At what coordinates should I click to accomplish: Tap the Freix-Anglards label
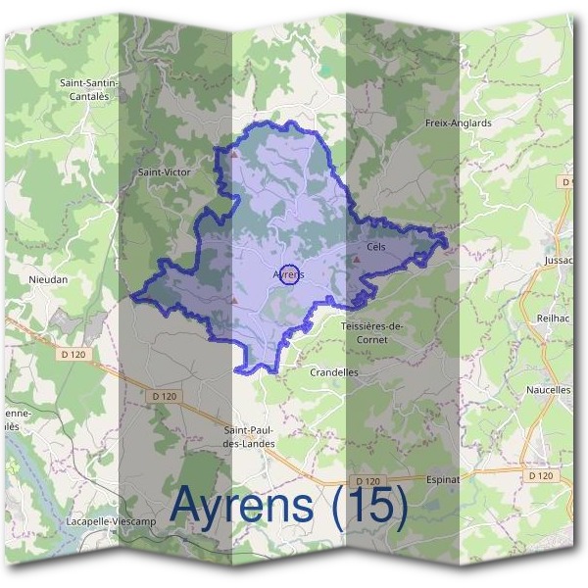pyautogui.click(x=458, y=123)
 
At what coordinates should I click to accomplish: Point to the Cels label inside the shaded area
pyautogui.click(x=376, y=247)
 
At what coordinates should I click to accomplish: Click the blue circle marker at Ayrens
pyautogui.click(x=288, y=273)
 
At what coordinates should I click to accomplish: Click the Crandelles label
pyautogui.click(x=333, y=372)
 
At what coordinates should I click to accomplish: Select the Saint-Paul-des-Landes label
pyautogui.click(x=250, y=437)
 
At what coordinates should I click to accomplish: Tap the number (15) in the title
pyautogui.click(x=370, y=506)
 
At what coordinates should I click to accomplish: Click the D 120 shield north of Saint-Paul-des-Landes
pyautogui.click(x=165, y=396)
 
